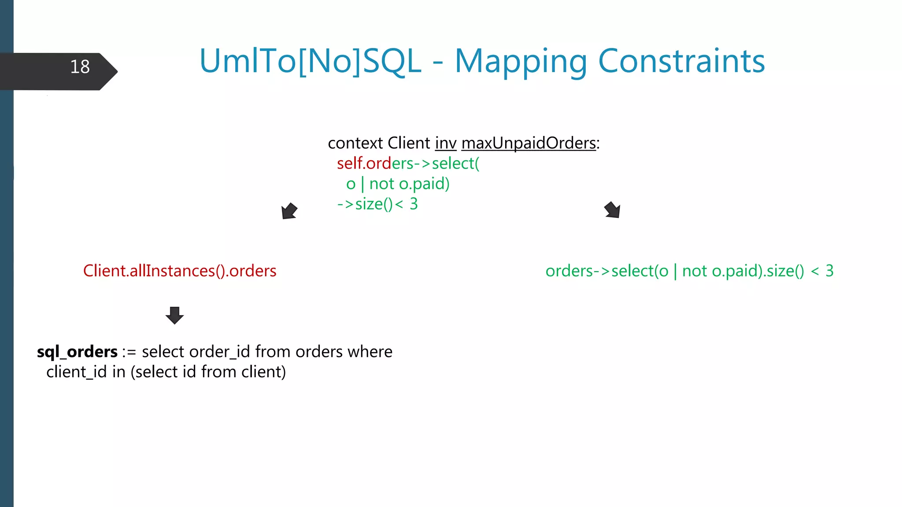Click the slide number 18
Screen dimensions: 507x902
pyautogui.click(x=80, y=67)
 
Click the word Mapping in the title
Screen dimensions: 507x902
pyautogui.click(x=521, y=62)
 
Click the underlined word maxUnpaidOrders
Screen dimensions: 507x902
pyautogui.click(x=529, y=143)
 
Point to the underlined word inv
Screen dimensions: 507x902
pyautogui.click(x=446, y=143)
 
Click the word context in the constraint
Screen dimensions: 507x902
pyautogui.click(x=355, y=143)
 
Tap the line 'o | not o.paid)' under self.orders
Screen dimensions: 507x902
pyautogui.click(x=398, y=184)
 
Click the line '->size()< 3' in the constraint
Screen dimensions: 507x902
pyautogui.click(x=377, y=204)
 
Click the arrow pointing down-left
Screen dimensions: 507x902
pyautogui.click(x=289, y=211)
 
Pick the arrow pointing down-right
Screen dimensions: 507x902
pyautogui.click(x=613, y=210)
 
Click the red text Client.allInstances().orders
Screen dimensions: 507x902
pyautogui.click(x=180, y=271)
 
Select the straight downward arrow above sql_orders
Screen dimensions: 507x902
pyautogui.click(x=174, y=315)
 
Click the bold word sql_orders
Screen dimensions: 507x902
pyautogui.click(x=77, y=352)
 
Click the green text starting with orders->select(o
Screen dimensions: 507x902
pyautogui.click(x=689, y=271)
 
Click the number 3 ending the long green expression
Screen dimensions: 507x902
pyautogui.click(x=829, y=271)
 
